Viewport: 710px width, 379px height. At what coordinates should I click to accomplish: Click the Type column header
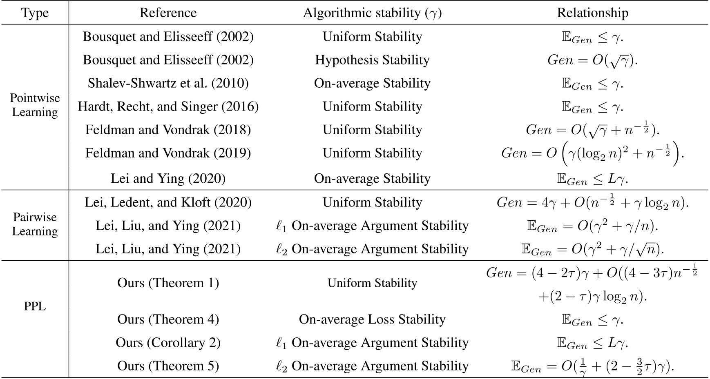coord(35,13)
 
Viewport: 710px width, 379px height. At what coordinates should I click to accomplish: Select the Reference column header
coord(168,13)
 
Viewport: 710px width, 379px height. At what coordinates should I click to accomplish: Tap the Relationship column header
coord(592,13)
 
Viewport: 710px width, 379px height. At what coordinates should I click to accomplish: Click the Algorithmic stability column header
coord(372,13)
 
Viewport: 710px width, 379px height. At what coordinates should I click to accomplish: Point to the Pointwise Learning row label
coord(35,105)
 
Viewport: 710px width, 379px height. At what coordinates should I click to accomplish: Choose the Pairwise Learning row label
coord(35,224)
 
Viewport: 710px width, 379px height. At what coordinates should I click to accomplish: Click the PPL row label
coord(35,306)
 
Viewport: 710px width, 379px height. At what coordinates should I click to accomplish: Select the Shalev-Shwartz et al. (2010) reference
coord(168,83)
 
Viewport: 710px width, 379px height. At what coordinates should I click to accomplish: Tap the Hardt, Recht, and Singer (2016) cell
coord(168,106)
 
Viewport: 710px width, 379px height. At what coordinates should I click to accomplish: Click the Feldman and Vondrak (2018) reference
coord(168,130)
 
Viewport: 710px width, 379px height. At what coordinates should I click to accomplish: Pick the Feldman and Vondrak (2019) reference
coord(168,153)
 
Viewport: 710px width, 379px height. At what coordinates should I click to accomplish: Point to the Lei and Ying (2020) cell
coord(168,178)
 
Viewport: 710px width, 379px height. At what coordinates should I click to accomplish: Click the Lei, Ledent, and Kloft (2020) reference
coord(168,202)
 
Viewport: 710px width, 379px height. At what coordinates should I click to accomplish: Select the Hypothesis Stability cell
coord(372,60)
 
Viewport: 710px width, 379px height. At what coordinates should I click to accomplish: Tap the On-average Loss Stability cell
coord(372,319)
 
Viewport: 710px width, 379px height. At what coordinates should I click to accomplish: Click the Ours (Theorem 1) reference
coord(168,283)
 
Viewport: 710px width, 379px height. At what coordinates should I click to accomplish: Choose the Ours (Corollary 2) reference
coord(168,342)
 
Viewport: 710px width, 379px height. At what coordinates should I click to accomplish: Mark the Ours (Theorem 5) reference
coord(168,366)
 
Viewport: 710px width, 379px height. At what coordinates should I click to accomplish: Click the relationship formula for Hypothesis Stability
coord(592,60)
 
